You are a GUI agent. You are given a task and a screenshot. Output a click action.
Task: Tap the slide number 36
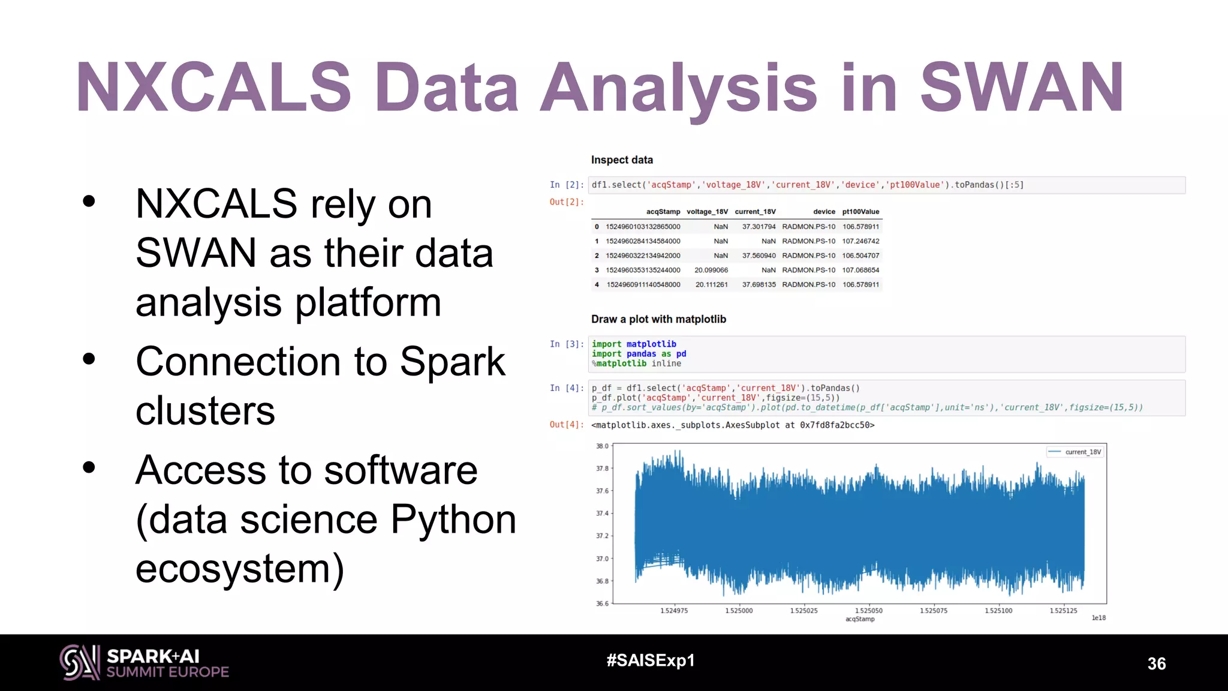[1156, 663]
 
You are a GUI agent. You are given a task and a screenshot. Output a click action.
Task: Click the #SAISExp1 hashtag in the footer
[650, 660]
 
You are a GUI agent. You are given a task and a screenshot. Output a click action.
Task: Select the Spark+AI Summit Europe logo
[144, 663]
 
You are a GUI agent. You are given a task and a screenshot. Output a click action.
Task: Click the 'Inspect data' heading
[622, 160]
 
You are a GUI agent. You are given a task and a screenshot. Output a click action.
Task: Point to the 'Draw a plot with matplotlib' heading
[658, 319]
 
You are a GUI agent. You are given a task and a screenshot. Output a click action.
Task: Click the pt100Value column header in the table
[860, 212]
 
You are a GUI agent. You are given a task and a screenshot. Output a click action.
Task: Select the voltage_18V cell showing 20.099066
[711, 270]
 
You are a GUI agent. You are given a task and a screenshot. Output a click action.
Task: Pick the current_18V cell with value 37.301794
[759, 227]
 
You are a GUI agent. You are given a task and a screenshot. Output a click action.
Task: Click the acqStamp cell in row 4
[643, 284]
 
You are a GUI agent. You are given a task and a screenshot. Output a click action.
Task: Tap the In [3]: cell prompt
[566, 344]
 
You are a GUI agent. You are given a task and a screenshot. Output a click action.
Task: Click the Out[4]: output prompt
[566, 425]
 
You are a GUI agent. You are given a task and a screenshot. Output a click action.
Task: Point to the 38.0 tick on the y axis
[602, 446]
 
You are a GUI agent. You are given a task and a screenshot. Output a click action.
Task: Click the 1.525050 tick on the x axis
[868, 611]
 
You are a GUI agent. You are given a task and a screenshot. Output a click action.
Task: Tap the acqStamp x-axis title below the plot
[860, 619]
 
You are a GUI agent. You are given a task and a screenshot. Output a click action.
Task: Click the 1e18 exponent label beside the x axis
[1098, 618]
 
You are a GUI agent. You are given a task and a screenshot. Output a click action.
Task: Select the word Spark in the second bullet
[453, 362]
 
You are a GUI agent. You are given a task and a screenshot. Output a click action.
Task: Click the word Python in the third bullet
[453, 519]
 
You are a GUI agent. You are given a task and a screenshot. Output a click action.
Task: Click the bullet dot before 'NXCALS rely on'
[89, 202]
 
